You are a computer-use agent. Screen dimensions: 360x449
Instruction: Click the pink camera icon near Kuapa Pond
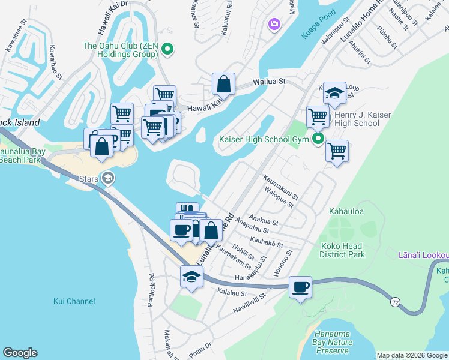[x=274, y=24]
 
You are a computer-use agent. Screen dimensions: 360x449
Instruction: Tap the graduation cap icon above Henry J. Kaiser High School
[x=334, y=92]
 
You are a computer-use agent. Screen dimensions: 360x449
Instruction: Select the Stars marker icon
[x=107, y=178]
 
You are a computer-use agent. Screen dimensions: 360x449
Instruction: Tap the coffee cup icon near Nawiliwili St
[x=300, y=287]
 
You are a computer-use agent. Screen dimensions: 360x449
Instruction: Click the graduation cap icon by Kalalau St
[x=191, y=277]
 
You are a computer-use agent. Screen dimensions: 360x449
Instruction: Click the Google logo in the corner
[x=20, y=353]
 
